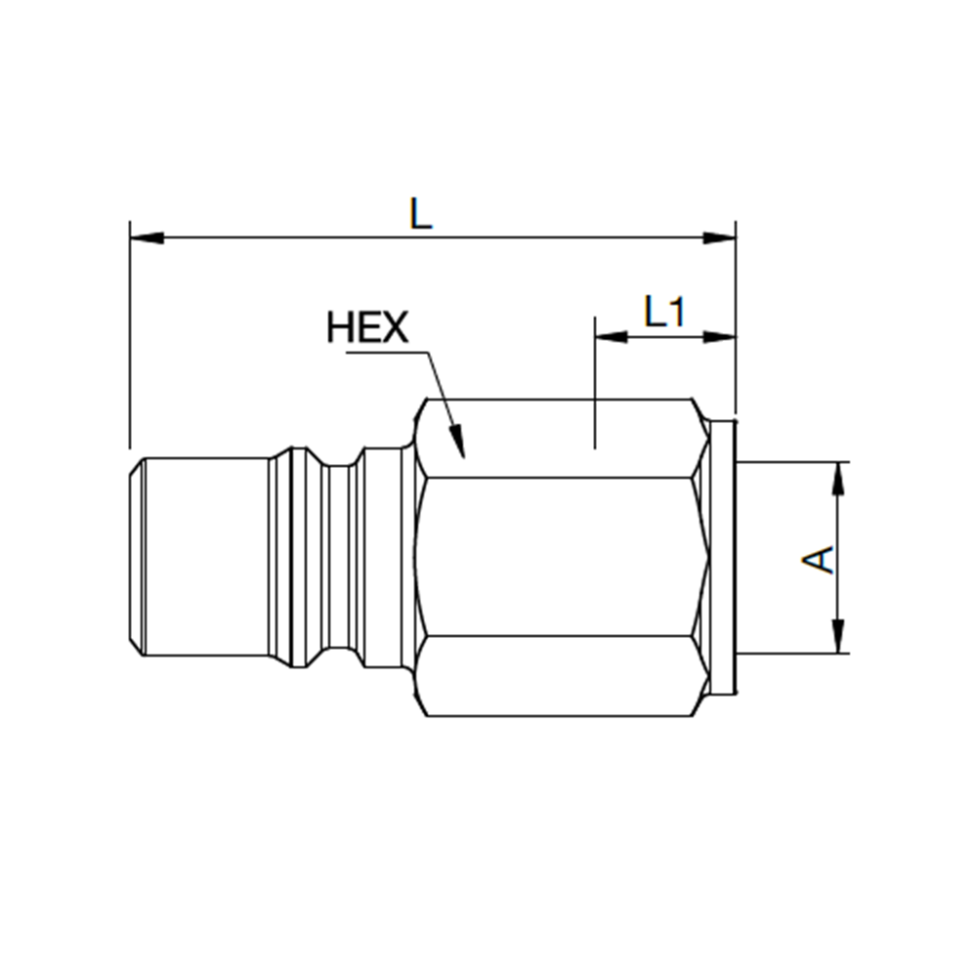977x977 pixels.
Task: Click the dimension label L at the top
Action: coord(420,213)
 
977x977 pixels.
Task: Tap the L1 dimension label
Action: coord(664,313)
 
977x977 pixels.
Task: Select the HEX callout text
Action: coord(367,327)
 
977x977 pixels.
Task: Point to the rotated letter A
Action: coord(820,559)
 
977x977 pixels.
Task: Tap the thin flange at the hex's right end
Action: coord(723,557)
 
